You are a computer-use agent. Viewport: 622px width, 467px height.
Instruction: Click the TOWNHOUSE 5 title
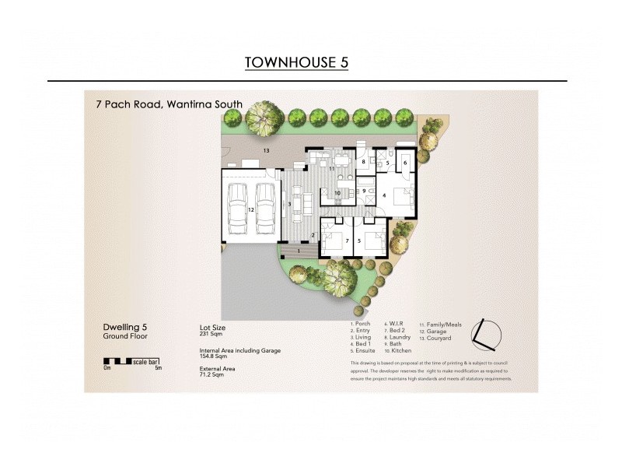pos(296,62)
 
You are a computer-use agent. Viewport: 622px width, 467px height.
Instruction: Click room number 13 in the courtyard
pos(266,149)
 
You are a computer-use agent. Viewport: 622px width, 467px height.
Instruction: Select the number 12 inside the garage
pos(251,209)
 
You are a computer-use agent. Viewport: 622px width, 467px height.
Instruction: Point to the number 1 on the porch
pos(299,251)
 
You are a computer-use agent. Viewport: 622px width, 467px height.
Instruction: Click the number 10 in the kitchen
pos(337,192)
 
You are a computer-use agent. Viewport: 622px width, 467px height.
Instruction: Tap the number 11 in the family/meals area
pos(331,167)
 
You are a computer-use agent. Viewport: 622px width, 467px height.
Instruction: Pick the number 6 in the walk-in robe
pos(405,163)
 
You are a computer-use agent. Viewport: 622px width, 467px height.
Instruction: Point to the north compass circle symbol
pos(487,334)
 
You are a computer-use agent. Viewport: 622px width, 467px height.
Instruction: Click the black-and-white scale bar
pos(132,361)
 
